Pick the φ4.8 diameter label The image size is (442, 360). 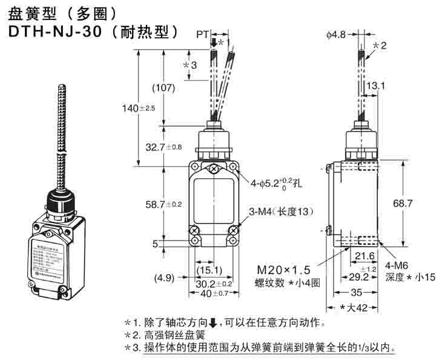335,35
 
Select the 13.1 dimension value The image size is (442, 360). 375,86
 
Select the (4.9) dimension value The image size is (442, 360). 164,278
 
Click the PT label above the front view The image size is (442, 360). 202,35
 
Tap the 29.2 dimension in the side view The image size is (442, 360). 358,277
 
